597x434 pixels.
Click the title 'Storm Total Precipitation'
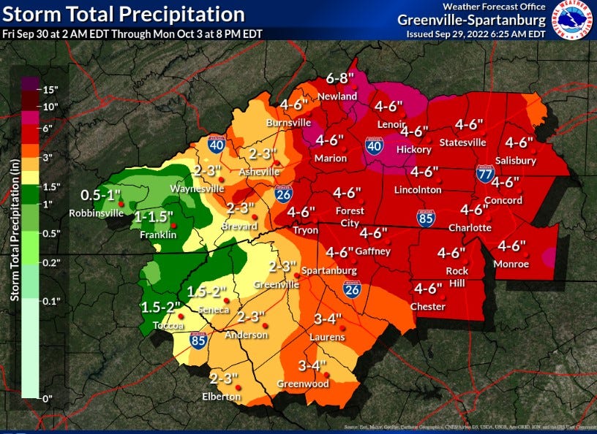(x=123, y=14)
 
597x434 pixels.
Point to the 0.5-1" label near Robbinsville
(x=100, y=195)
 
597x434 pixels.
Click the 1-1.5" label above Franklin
(x=153, y=217)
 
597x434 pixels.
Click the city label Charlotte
(x=470, y=227)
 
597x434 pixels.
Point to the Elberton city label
(x=221, y=396)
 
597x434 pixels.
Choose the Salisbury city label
(x=514, y=160)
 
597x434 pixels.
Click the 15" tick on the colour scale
(x=51, y=91)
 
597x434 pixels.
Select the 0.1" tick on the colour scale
(x=51, y=300)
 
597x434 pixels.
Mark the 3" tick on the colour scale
(x=49, y=157)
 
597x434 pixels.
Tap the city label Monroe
(x=511, y=264)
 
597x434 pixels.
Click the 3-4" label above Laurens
(x=328, y=319)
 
